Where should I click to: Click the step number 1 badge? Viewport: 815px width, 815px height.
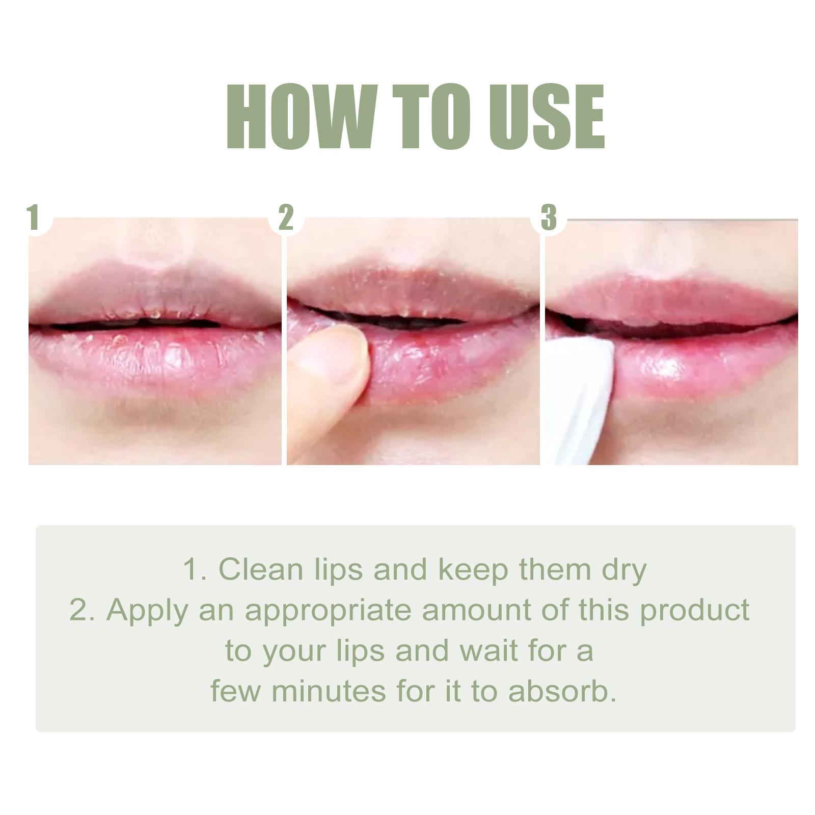(34, 218)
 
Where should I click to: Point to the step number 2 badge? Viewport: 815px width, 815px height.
(286, 218)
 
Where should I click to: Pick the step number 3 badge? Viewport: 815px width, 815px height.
(549, 218)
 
